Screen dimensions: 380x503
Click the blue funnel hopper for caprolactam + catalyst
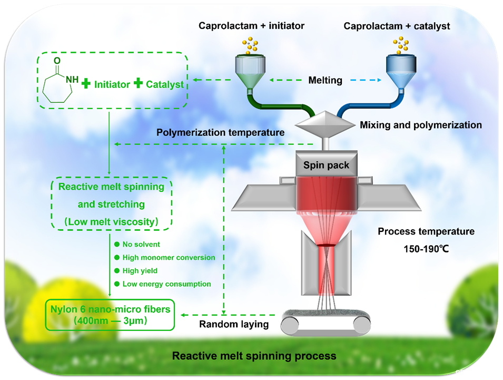[x=401, y=71]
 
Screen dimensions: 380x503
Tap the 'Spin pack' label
[x=326, y=165]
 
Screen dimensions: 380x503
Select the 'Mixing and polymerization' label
[x=420, y=125]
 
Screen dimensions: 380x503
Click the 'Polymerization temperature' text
[x=220, y=132]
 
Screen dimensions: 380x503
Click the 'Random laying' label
[x=233, y=324]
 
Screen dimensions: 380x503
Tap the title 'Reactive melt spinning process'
[x=254, y=356]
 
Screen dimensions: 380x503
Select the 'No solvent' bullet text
[x=141, y=244]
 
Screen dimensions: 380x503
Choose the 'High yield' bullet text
[x=140, y=270]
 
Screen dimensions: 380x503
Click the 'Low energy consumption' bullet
[x=166, y=284]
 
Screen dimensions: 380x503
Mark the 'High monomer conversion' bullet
[x=169, y=257]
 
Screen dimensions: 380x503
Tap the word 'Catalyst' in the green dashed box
[x=164, y=84]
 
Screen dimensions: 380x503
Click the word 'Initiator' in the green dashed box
[x=112, y=84]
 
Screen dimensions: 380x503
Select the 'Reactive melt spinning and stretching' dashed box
[x=111, y=204]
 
